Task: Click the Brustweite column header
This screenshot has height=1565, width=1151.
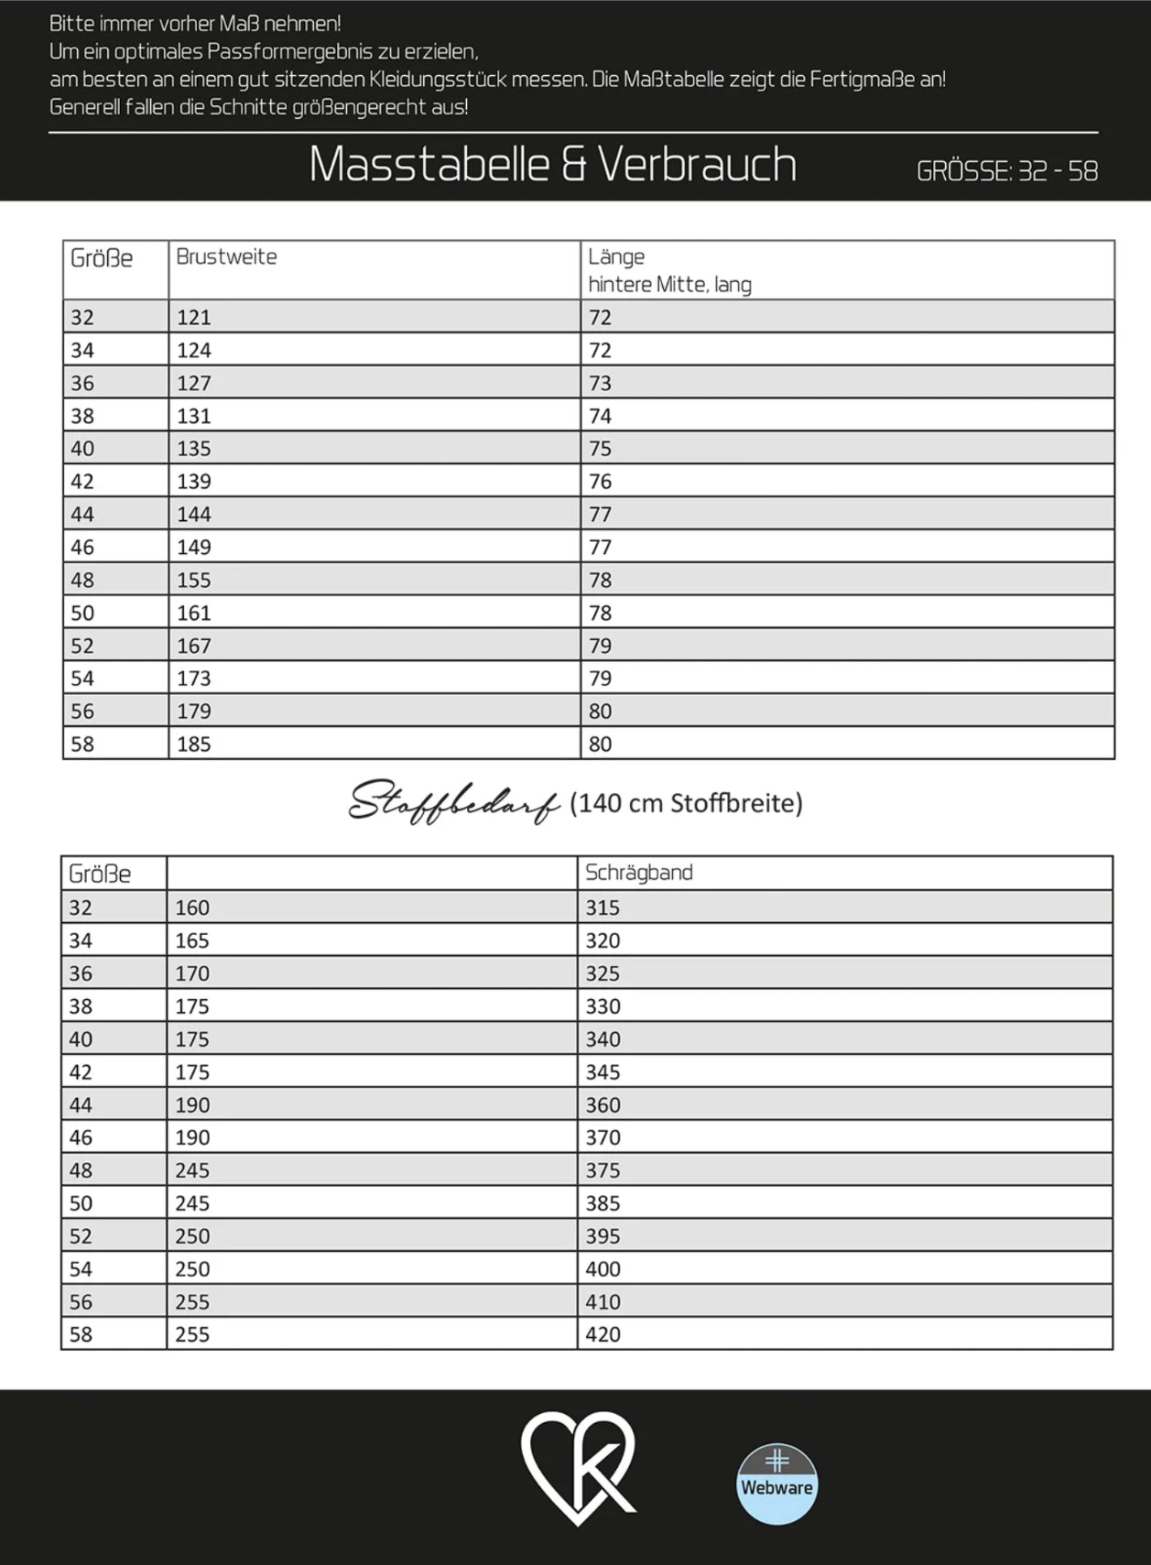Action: (x=226, y=257)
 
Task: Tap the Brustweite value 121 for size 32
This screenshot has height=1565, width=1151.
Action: (x=194, y=318)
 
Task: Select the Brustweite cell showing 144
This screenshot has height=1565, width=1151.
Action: (x=194, y=515)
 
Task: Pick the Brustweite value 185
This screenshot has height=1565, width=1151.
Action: (x=194, y=744)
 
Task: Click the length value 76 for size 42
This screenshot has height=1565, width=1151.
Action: (x=600, y=482)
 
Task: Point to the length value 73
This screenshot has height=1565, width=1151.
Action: (x=600, y=384)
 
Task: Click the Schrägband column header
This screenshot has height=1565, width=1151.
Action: (x=638, y=873)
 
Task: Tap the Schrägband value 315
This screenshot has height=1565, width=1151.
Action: (x=603, y=908)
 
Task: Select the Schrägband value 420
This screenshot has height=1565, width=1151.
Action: (x=603, y=1335)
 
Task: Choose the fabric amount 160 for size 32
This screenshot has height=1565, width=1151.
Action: (x=192, y=908)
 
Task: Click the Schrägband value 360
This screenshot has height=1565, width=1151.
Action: (x=603, y=1105)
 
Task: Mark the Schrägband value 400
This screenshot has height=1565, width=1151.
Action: (x=603, y=1269)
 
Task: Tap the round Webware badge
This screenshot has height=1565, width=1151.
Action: (x=776, y=1484)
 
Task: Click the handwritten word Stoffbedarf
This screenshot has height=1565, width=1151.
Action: (x=453, y=804)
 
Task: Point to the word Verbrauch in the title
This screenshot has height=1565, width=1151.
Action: (x=697, y=165)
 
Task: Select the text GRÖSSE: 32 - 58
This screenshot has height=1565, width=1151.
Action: (x=1006, y=171)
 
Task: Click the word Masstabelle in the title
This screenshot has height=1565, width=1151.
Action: (x=428, y=165)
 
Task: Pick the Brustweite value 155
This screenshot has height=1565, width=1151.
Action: (x=194, y=581)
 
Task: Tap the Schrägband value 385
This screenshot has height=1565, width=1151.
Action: (x=603, y=1203)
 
